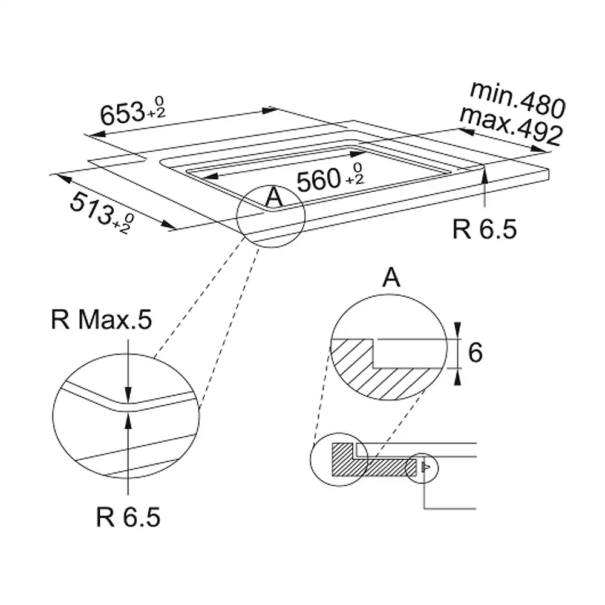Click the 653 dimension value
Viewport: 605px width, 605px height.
[122, 114]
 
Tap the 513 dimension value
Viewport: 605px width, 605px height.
[92, 208]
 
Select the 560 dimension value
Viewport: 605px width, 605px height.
[319, 180]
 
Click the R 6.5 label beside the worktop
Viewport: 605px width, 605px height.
[484, 229]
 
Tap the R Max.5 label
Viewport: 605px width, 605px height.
[102, 319]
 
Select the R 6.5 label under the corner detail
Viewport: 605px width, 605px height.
[128, 517]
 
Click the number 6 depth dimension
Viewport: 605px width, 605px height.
[475, 352]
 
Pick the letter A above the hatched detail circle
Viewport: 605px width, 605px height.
[391, 277]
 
